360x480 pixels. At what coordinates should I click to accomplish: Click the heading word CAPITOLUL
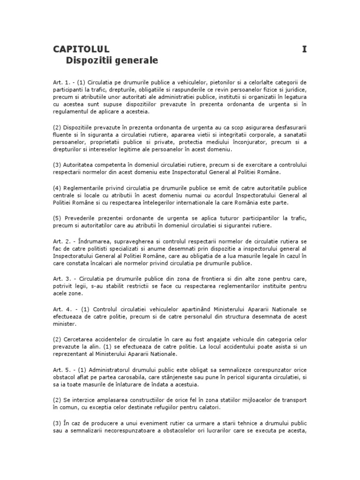[x=81, y=49]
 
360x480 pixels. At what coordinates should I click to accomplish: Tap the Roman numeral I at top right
[x=304, y=49]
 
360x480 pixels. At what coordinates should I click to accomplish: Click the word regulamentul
[x=70, y=112]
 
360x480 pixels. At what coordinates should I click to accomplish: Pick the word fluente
[x=61, y=135]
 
